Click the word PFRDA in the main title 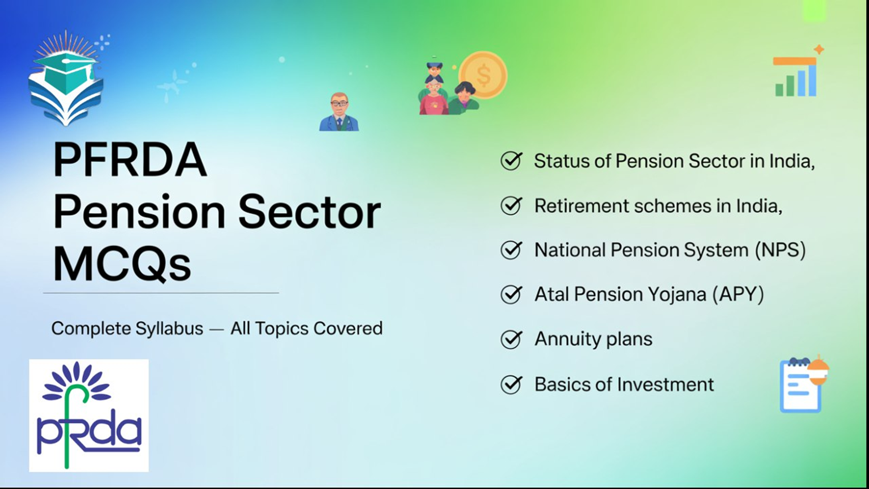(130, 159)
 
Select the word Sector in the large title (310, 212)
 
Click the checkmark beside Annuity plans (511, 339)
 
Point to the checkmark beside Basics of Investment (511, 384)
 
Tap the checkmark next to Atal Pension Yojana (511, 294)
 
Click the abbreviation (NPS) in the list (780, 250)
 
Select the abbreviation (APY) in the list (738, 294)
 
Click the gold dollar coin (483, 75)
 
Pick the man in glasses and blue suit (339, 112)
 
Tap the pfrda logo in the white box (89, 416)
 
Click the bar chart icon (795, 77)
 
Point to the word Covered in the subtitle (348, 329)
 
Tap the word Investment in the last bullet (665, 384)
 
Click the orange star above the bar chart (819, 49)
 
